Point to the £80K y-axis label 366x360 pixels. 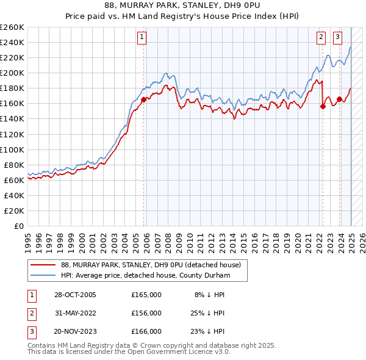pyautogui.click(x=14, y=165)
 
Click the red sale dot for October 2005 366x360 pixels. pyautogui.click(x=144, y=99)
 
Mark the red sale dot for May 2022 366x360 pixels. pyautogui.click(x=323, y=106)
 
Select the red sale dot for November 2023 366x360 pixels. pyautogui.click(x=339, y=99)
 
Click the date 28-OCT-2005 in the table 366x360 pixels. pyautogui.click(x=76, y=295)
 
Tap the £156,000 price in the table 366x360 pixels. pyautogui.click(x=146, y=313)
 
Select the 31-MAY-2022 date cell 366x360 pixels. pyautogui.click(x=76, y=313)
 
